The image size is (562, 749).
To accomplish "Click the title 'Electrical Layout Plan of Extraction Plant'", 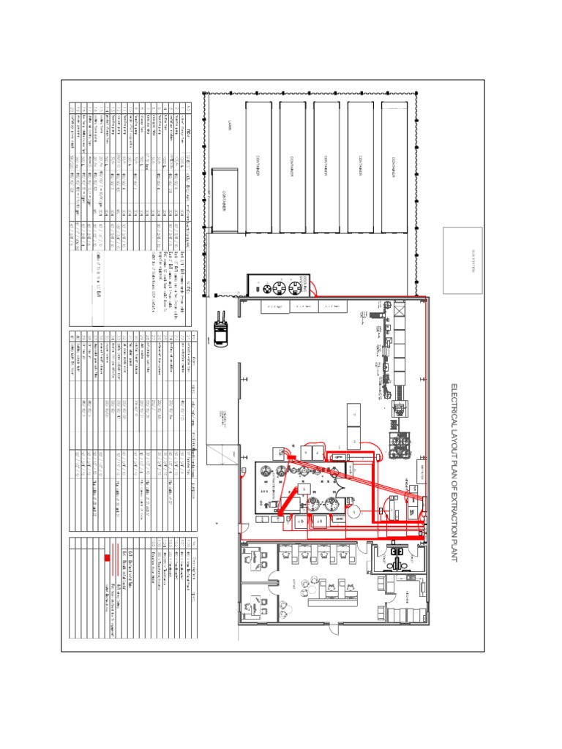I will [x=453, y=472].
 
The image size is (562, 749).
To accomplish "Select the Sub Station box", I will [x=462, y=260].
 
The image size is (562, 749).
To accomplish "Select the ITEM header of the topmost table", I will [x=190, y=129].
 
